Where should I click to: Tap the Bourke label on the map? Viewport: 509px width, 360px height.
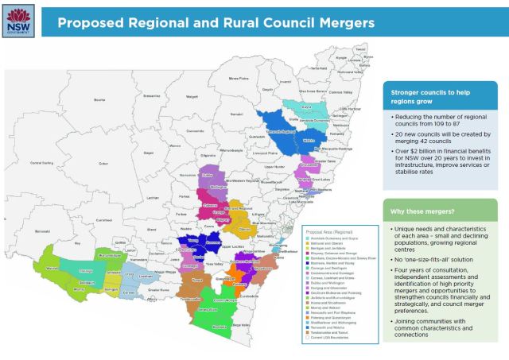click(x=100, y=99)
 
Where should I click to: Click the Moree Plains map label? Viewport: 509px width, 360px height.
click(x=244, y=78)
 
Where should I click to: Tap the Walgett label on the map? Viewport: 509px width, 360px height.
click(x=192, y=97)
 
